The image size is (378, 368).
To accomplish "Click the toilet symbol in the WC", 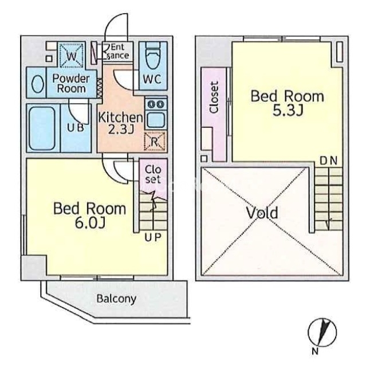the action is [153, 57].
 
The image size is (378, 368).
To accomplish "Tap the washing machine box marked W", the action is [72, 55].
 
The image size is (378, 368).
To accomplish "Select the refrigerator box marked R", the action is [155, 142].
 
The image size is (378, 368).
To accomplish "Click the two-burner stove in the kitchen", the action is [156, 104].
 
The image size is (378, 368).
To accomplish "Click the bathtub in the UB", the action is [42, 128].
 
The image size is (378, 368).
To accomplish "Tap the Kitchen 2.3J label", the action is [120, 123].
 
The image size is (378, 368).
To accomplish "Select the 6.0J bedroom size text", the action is [90, 223].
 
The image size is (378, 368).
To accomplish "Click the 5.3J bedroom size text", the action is [288, 111].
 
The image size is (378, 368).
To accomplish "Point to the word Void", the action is [262, 213].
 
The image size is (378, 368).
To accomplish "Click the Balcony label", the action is [116, 299].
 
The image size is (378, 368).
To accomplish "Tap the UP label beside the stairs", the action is [152, 238].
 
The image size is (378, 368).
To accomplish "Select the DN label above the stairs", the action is [328, 161].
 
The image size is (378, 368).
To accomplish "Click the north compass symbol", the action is [322, 332].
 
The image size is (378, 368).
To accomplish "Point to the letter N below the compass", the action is [315, 351].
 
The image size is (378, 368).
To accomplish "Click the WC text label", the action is [152, 79].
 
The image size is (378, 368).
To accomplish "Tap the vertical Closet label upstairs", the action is [214, 97].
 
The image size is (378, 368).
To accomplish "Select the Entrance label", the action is [117, 51].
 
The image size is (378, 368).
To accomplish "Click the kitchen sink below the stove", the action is [156, 120].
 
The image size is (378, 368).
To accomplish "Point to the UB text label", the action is [76, 128].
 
